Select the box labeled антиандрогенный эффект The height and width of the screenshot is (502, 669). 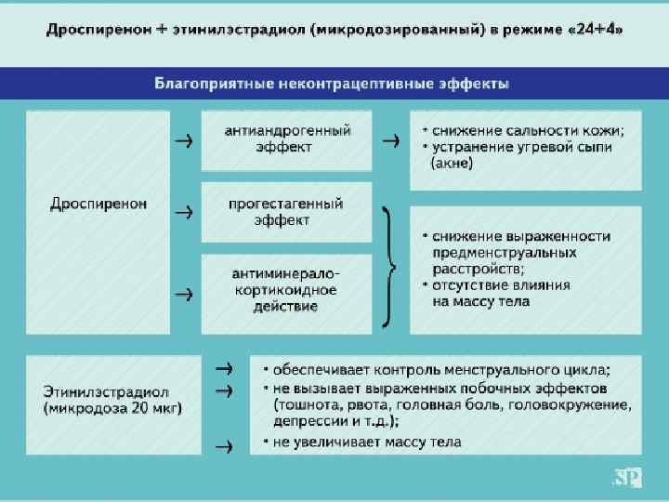(287, 139)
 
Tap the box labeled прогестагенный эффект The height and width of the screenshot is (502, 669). (287, 211)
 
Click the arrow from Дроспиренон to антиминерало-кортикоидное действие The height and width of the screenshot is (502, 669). (184, 293)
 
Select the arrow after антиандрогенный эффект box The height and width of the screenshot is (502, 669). (391, 141)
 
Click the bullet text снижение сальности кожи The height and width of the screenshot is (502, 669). (525, 130)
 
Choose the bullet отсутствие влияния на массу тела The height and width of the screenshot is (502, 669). (502, 293)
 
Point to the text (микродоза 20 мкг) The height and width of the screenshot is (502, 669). (111, 407)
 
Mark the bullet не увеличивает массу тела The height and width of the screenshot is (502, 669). (367, 442)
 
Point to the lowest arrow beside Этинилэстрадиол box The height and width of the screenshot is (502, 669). (223, 447)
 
